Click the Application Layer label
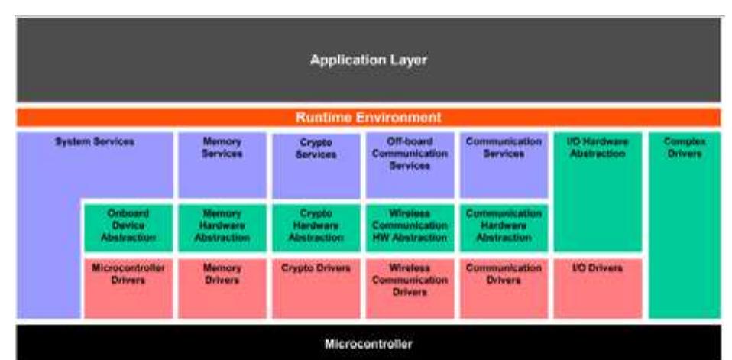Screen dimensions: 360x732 click(368, 60)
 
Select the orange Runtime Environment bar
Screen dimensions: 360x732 click(368, 118)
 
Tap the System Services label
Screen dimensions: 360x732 click(95, 142)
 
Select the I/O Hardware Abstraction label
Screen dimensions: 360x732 click(598, 148)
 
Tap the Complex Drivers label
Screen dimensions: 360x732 click(684, 148)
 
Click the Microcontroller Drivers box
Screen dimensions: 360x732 click(128, 287)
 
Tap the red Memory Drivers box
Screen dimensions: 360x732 click(222, 287)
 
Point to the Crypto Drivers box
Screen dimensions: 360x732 click(316, 287)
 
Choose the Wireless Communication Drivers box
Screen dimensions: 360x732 click(410, 287)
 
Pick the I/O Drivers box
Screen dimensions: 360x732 click(598, 287)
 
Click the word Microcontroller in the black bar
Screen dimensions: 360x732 click(368, 344)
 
